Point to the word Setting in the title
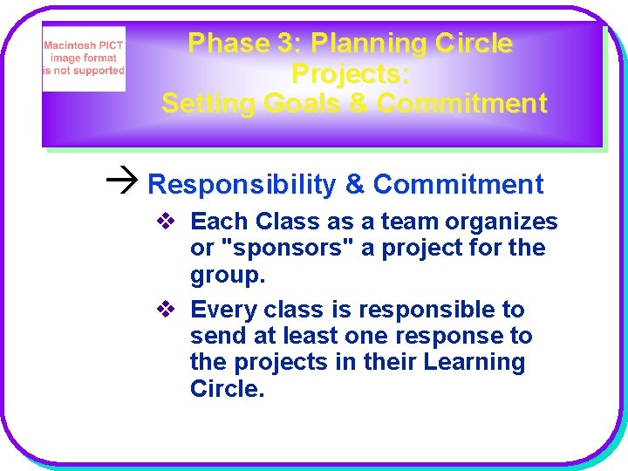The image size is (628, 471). (x=206, y=104)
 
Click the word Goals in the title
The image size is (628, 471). (x=301, y=104)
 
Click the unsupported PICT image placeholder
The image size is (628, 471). (x=84, y=59)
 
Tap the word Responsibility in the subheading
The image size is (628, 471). (x=242, y=185)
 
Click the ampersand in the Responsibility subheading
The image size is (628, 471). (x=355, y=185)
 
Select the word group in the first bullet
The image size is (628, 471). (x=224, y=276)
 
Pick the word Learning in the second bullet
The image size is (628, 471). (x=474, y=363)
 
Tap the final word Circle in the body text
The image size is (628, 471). (x=225, y=389)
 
